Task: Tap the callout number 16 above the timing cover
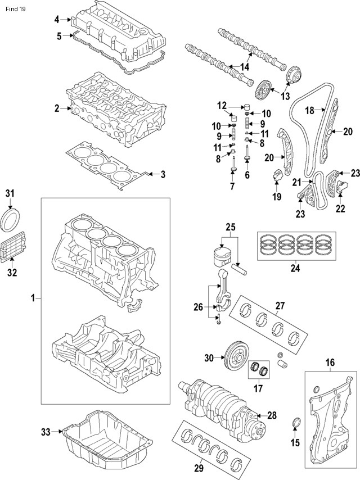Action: coord(330,363)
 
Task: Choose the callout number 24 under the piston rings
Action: coord(295,268)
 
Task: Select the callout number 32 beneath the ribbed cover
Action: coord(12,273)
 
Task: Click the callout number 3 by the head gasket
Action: coord(163,175)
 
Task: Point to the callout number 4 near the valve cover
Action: coord(57,20)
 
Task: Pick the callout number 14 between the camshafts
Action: coord(244,67)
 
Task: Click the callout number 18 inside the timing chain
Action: coord(309,111)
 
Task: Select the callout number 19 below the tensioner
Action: coord(277,196)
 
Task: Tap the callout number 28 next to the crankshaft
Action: coord(272,416)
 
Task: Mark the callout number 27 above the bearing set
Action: coord(280,306)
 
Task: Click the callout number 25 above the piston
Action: coord(229,227)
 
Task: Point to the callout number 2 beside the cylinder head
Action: coord(57,108)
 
